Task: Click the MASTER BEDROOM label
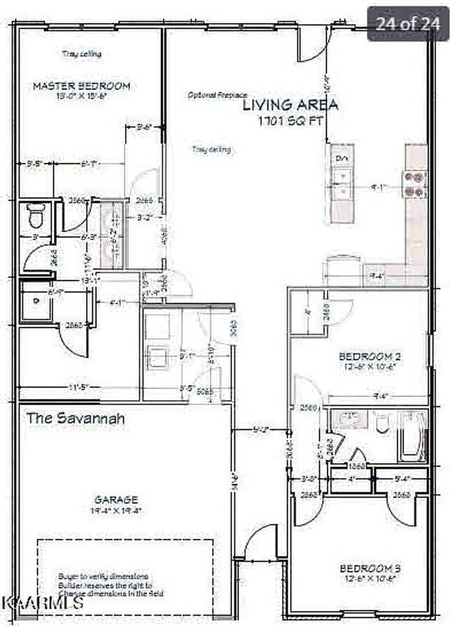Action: (81, 86)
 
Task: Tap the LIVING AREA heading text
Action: (291, 105)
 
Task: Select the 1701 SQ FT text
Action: (291, 120)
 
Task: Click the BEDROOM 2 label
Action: (369, 355)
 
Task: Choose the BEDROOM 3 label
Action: (369, 567)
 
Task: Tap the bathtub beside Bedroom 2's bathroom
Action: (412, 436)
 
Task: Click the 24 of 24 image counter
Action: (408, 24)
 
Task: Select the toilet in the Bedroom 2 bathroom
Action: (381, 424)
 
